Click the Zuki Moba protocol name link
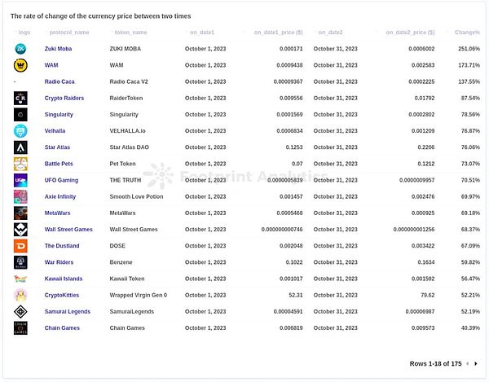(x=59, y=48)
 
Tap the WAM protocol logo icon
(x=21, y=64)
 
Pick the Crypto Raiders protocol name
(x=64, y=98)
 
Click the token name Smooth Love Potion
(x=136, y=196)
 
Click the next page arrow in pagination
(x=477, y=363)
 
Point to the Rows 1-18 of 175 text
(x=435, y=363)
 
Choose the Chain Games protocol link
(x=62, y=327)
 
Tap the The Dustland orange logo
(x=21, y=245)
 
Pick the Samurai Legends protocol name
(x=68, y=311)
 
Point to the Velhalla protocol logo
(x=21, y=130)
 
